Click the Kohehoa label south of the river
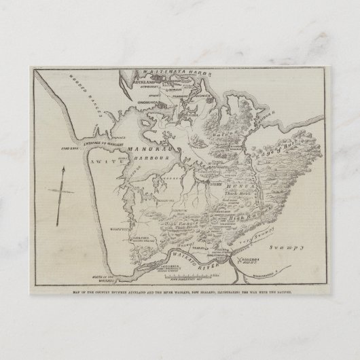coord(251,242)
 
